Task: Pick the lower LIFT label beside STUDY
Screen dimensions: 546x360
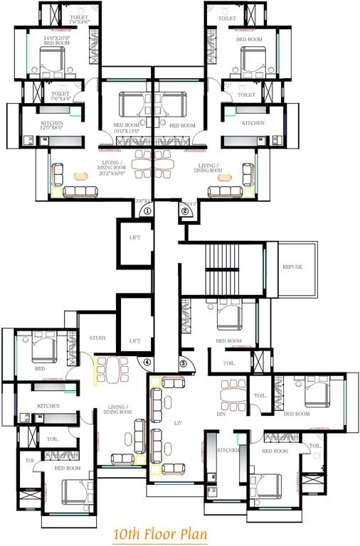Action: coord(135,341)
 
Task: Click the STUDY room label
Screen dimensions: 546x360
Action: coord(97,338)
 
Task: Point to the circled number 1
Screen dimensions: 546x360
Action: coord(147,210)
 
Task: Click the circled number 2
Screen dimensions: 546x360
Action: coord(184,210)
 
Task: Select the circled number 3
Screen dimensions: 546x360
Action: coord(183,363)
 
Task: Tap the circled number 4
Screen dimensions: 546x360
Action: coord(147,362)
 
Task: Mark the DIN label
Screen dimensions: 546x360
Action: coord(221,413)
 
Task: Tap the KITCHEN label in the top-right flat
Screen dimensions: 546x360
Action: coord(254,123)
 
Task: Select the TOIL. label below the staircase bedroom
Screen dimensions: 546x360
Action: coord(229,363)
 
